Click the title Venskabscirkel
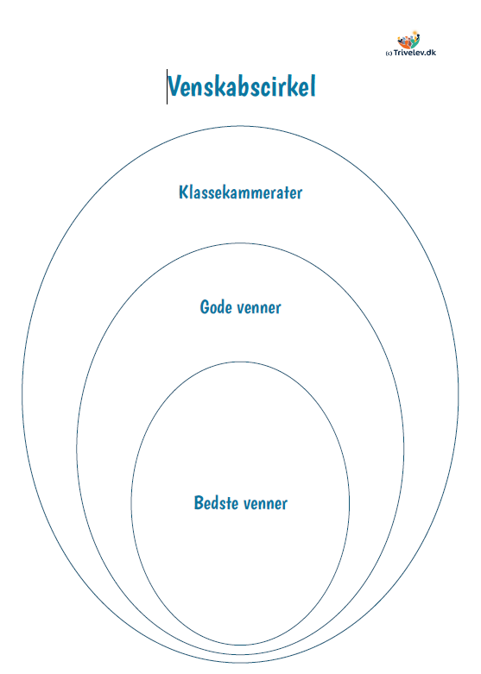(242, 86)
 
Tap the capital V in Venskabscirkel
(175, 86)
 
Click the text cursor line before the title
(167, 86)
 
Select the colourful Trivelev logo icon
(408, 40)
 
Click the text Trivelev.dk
(415, 53)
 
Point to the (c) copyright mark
(389, 54)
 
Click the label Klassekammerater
(240, 192)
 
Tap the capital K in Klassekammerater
(183, 192)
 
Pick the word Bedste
(217, 502)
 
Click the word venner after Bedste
(265, 504)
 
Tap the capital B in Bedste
(199, 502)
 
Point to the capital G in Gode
(205, 307)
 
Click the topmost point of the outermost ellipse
(240, 126)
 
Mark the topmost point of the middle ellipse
(240, 243)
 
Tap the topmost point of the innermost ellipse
(240, 362)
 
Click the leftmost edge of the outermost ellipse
(22, 394)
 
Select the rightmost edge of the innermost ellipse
(350, 503)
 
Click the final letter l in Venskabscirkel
(313, 86)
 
